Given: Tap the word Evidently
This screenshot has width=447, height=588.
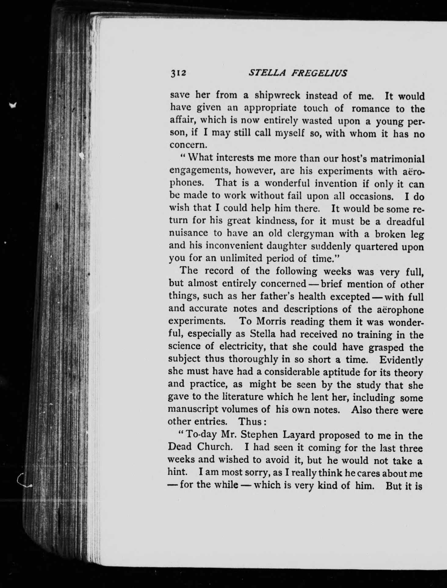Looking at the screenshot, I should point(401,360).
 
